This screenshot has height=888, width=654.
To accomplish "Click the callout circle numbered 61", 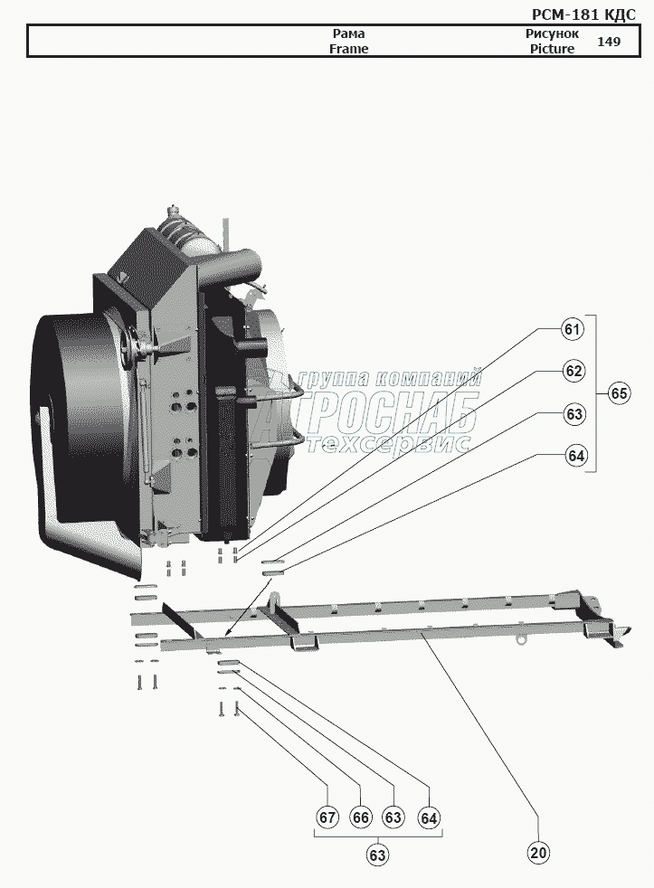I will click(572, 329).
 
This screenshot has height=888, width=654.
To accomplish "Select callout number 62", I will click(573, 371).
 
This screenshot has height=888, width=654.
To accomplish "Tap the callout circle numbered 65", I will click(619, 393).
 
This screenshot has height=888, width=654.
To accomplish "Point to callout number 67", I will click(327, 817).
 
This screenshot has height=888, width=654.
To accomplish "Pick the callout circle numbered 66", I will click(361, 817).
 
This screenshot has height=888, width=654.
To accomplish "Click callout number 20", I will click(539, 853).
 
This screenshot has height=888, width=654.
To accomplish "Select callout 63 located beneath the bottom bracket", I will click(378, 853).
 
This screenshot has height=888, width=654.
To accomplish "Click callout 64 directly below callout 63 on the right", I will click(576, 455).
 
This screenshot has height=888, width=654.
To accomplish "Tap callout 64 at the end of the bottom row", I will click(429, 817).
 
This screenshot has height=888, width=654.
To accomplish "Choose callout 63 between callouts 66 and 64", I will click(393, 817).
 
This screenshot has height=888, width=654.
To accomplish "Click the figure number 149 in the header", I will click(609, 42).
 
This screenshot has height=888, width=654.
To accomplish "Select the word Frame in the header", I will click(348, 49).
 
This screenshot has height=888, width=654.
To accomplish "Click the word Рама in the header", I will click(348, 33).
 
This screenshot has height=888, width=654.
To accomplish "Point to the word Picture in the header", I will click(552, 49).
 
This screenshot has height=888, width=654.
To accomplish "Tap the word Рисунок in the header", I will click(552, 33).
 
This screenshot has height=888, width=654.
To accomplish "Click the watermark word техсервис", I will click(389, 443).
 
